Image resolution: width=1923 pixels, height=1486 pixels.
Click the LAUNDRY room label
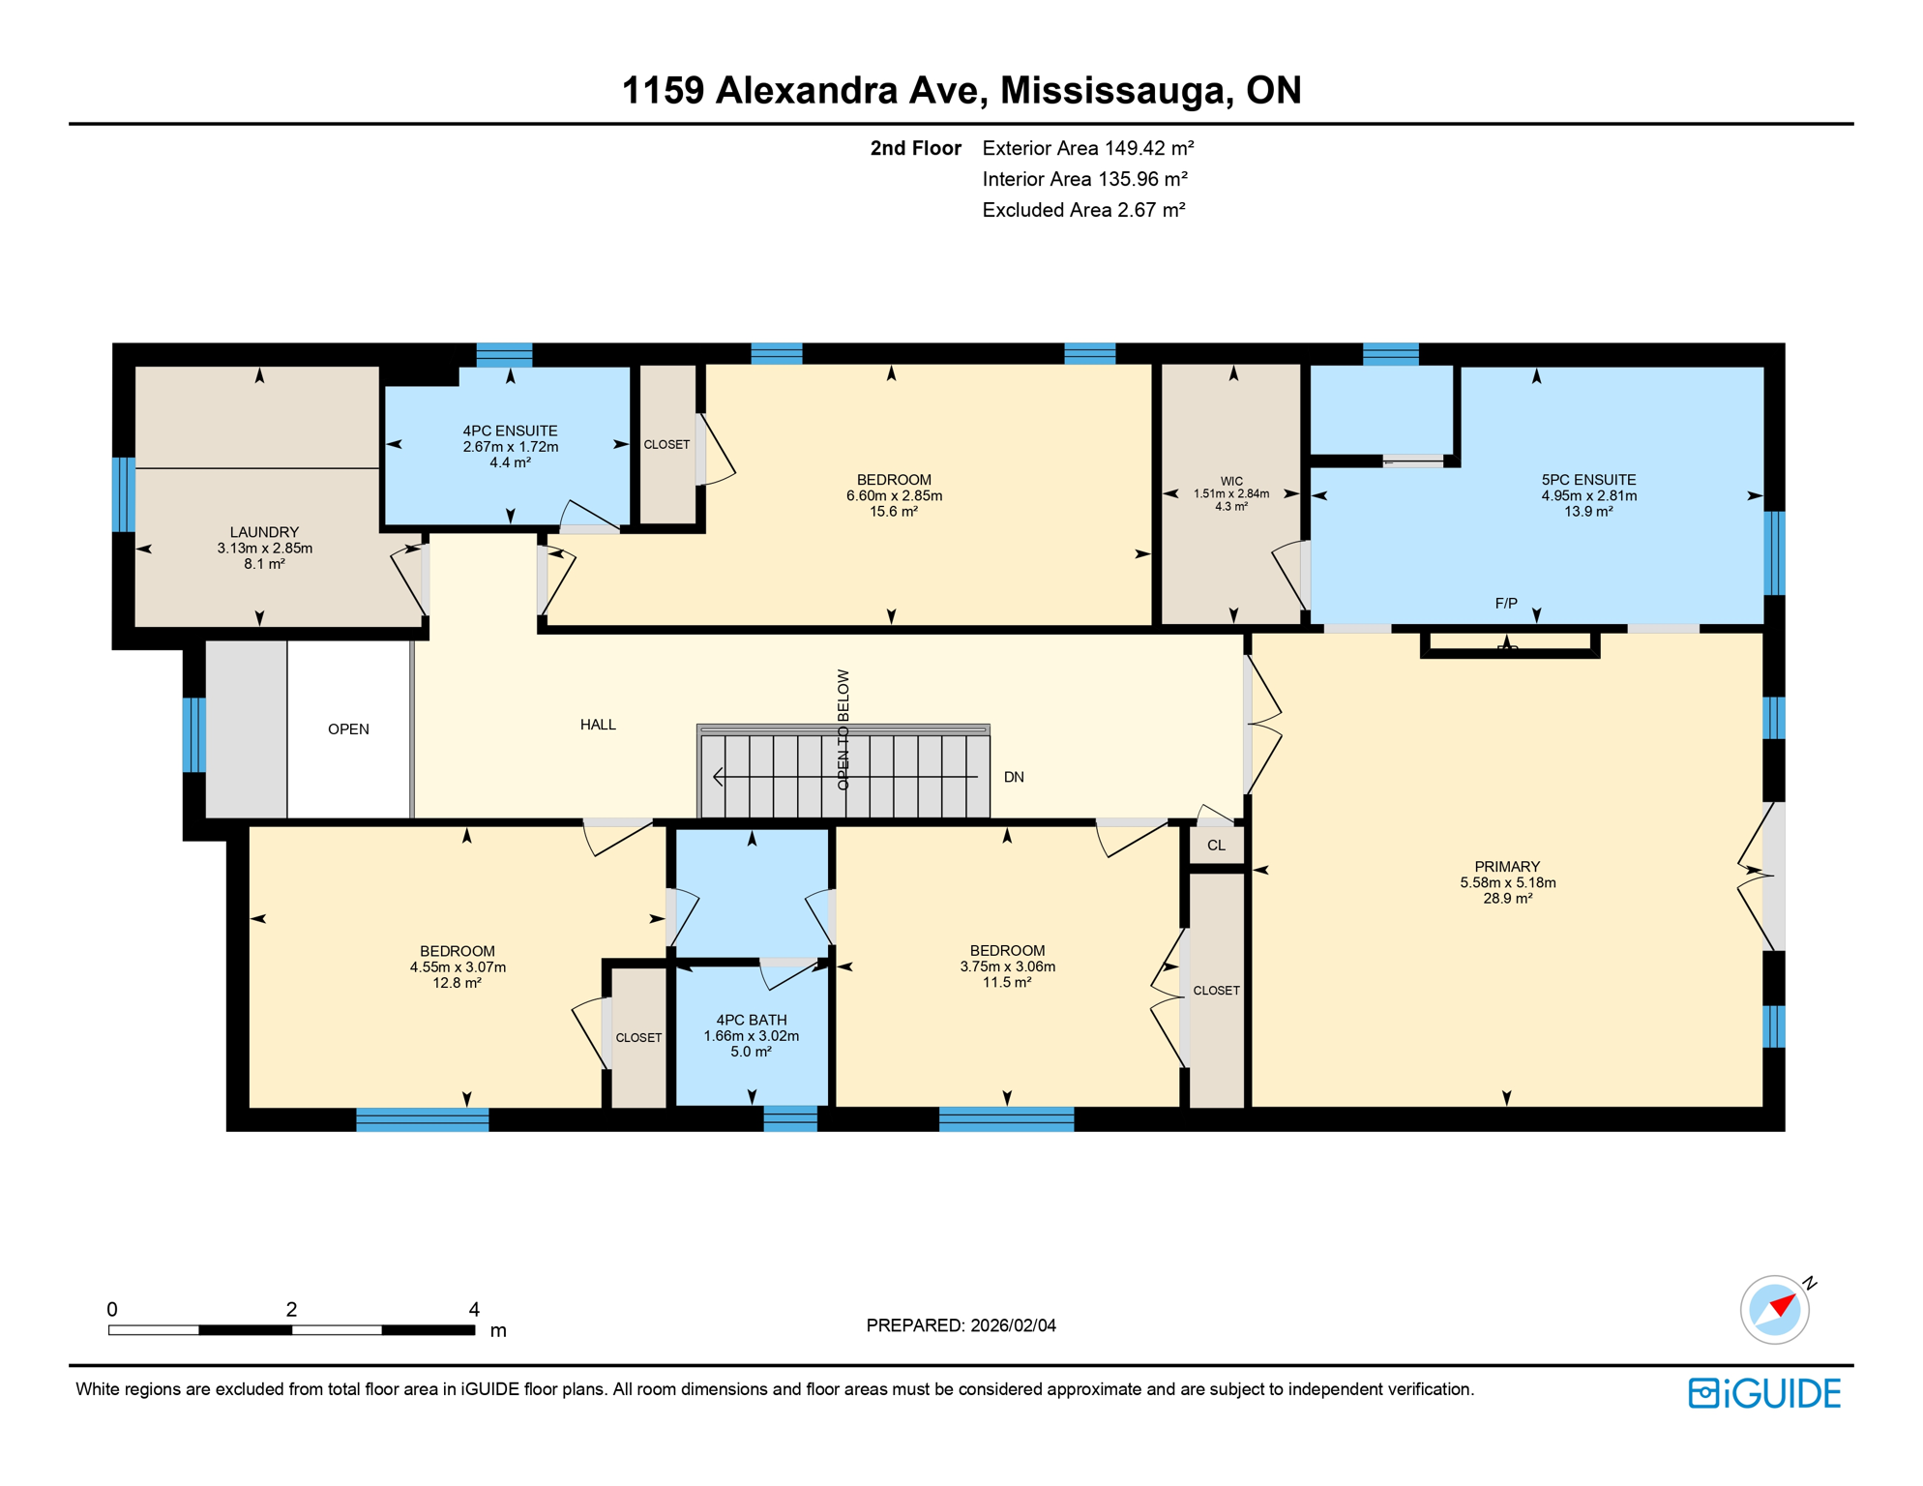[264, 532]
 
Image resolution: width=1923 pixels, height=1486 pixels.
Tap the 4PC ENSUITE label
[510, 431]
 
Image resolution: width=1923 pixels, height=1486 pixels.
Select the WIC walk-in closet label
[1231, 481]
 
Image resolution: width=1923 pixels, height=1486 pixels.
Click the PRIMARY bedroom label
[1507, 867]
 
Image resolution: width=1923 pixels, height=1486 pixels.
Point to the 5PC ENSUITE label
[1588, 480]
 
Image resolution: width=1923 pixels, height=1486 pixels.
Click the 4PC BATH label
[751, 1020]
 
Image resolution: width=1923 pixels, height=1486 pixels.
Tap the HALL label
[598, 725]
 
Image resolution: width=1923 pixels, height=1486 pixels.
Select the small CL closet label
[1216, 846]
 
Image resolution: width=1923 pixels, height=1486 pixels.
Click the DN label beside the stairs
[1014, 777]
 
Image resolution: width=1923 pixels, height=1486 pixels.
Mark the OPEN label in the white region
[348, 729]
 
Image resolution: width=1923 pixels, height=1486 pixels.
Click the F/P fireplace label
[1506, 604]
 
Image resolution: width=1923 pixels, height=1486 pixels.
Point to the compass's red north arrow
[1783, 1303]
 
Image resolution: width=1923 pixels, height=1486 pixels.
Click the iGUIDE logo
[1764, 1393]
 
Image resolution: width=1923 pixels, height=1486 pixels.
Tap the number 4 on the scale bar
[474, 1309]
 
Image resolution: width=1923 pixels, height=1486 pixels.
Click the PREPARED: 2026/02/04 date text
[961, 1325]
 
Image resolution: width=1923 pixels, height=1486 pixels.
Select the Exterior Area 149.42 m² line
[1087, 148]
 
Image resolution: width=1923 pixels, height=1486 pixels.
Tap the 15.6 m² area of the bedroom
[893, 512]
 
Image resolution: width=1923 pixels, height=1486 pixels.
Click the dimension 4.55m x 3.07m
[458, 967]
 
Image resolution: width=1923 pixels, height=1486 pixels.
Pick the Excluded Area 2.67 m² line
[1083, 210]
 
